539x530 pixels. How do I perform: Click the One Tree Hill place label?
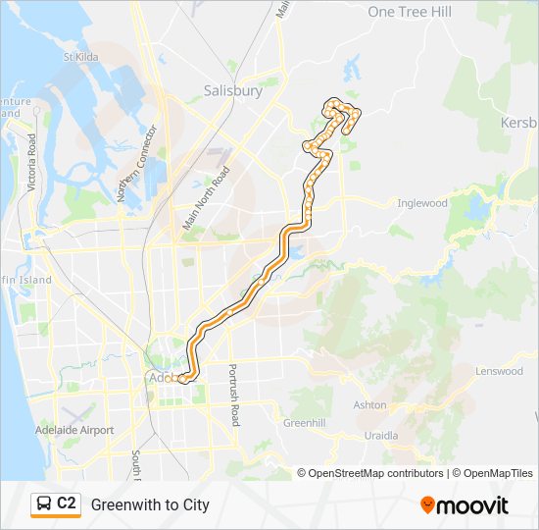(x=410, y=12)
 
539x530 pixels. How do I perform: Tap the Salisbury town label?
(x=233, y=90)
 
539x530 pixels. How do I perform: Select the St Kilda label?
(x=81, y=57)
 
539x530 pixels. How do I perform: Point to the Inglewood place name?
(x=421, y=203)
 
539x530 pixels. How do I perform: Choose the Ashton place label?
(x=369, y=404)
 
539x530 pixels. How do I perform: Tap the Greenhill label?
(x=303, y=423)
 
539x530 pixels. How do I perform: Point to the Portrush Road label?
(x=233, y=395)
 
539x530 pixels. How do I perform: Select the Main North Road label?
(x=206, y=198)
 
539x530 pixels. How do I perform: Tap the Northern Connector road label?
(x=136, y=164)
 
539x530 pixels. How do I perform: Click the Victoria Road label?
(x=32, y=162)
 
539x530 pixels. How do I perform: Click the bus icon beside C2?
(x=44, y=504)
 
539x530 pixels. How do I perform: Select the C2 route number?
(x=67, y=504)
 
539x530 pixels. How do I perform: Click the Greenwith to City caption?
(x=150, y=504)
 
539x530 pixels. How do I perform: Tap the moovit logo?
(x=465, y=505)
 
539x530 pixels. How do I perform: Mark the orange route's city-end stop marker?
(x=181, y=377)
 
